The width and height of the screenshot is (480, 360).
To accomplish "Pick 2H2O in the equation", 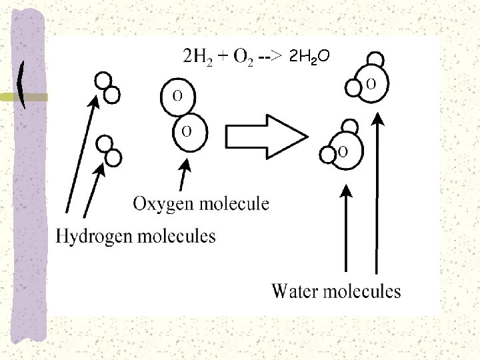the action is pyautogui.click(x=311, y=57).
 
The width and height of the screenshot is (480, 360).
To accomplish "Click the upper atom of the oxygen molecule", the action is pyautogui.click(x=179, y=97).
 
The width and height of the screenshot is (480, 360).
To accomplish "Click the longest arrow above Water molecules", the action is pyautogui.click(x=377, y=193).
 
